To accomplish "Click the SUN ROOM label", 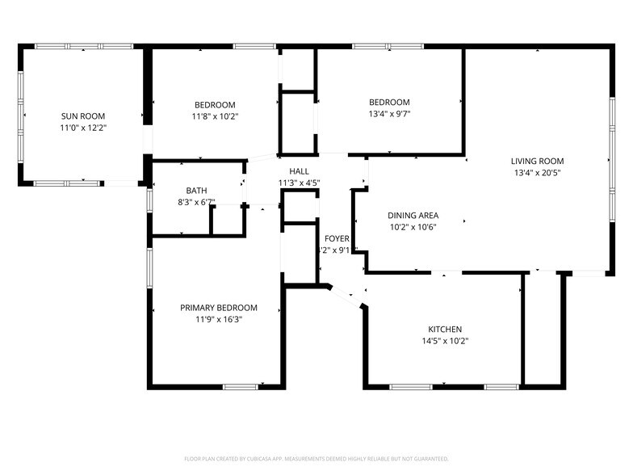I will coord(82,116).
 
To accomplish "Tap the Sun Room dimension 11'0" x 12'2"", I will coord(82,128).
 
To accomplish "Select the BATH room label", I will coord(196,191).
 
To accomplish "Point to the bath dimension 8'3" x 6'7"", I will coord(196,202).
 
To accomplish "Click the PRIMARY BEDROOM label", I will coord(218,308).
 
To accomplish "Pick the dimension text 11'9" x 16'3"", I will coord(218,319).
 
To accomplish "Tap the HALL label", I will coord(300,171).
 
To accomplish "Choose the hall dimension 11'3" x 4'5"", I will coord(300,183).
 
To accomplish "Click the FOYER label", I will coord(337,239).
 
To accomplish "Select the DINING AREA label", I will coord(413,216).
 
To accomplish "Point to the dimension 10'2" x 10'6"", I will coord(413,227).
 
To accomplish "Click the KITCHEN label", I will coord(445,330).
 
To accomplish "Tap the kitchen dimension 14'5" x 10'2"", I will coord(445,341).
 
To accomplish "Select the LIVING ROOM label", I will coord(538,161).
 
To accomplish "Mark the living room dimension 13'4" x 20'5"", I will coord(538,172).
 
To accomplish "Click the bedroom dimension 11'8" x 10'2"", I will coord(215,116).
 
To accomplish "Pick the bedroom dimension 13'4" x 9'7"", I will coord(389,114).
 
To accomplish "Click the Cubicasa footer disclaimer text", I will coord(316,459).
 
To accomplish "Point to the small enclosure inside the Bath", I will coord(228,220).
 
